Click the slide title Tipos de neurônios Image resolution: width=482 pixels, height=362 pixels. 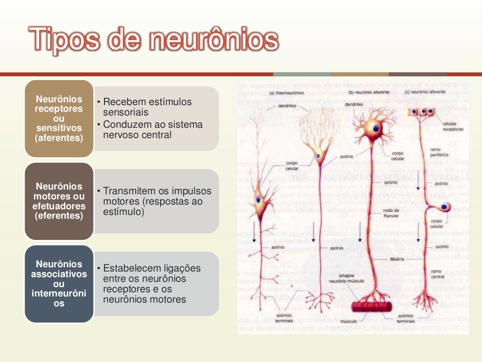pos(153,39)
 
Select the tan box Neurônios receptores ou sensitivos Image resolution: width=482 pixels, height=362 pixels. pos(59,118)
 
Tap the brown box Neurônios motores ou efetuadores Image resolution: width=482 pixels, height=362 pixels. pos(59,201)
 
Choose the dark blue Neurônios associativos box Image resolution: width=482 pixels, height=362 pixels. pos(59,284)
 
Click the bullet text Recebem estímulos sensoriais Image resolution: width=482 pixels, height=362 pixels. pos(147,107)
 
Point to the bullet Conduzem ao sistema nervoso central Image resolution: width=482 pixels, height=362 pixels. pos(153,130)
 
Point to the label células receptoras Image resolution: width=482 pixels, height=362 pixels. pos(453,126)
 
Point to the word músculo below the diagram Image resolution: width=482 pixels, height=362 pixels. pos(349,321)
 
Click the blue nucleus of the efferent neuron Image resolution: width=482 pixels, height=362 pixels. pos(376,127)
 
